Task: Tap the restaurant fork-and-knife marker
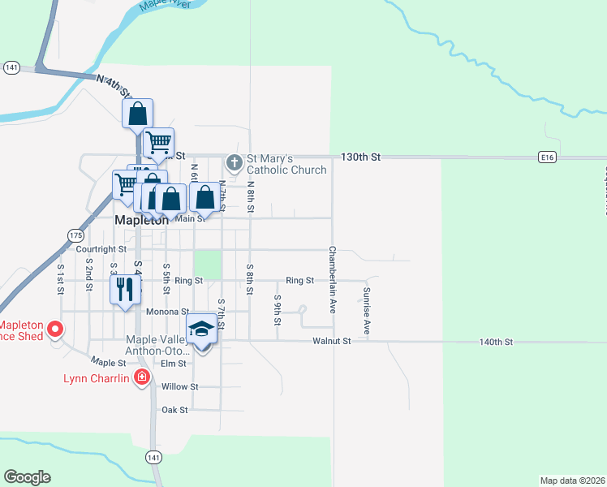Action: (x=124, y=290)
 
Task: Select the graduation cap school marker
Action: (x=201, y=329)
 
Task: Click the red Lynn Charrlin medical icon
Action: (x=142, y=377)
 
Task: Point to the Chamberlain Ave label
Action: (x=332, y=280)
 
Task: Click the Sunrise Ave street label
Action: (x=367, y=311)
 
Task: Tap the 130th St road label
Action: (x=360, y=156)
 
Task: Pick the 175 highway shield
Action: (x=75, y=235)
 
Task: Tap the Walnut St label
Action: (x=331, y=342)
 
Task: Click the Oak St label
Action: (x=174, y=410)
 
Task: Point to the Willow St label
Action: (x=179, y=387)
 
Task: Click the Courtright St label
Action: (x=101, y=250)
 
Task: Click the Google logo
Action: (x=27, y=477)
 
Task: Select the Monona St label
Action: (x=166, y=312)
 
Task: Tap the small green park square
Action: (x=207, y=264)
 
